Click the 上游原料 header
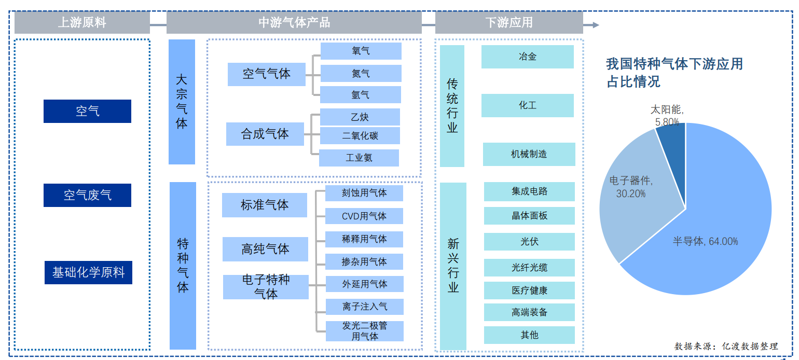82,23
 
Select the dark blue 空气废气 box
87,195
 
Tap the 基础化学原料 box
88,272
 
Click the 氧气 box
361,51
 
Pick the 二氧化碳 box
360,136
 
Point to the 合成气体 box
265,134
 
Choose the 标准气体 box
264,205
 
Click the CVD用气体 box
364,216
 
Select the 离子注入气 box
364,307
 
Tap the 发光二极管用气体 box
364,331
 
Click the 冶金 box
527,57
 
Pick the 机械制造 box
529,154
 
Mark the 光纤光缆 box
529,268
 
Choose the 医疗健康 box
529,290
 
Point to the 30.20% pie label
631,193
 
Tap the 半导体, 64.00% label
705,241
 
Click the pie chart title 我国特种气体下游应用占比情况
674,73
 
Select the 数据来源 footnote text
726,347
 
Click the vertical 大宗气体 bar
182,102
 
